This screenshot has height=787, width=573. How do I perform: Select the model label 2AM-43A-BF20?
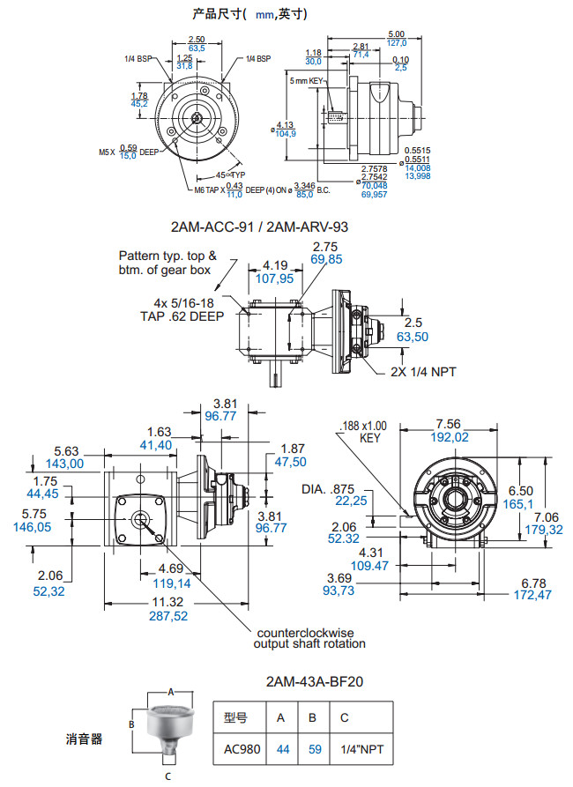point(315,681)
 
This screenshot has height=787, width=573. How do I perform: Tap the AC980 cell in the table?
point(242,749)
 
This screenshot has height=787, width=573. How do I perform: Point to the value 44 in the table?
point(283,749)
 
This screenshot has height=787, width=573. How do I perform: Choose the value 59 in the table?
point(315,749)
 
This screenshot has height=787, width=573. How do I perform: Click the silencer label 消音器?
point(85,739)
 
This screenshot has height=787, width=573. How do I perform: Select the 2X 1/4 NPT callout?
point(423,372)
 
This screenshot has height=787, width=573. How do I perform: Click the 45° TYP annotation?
point(230,174)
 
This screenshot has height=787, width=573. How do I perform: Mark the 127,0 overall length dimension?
point(397,42)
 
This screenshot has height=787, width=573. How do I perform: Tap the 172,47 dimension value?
point(532,597)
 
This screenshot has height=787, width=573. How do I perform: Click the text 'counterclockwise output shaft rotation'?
point(310,638)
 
